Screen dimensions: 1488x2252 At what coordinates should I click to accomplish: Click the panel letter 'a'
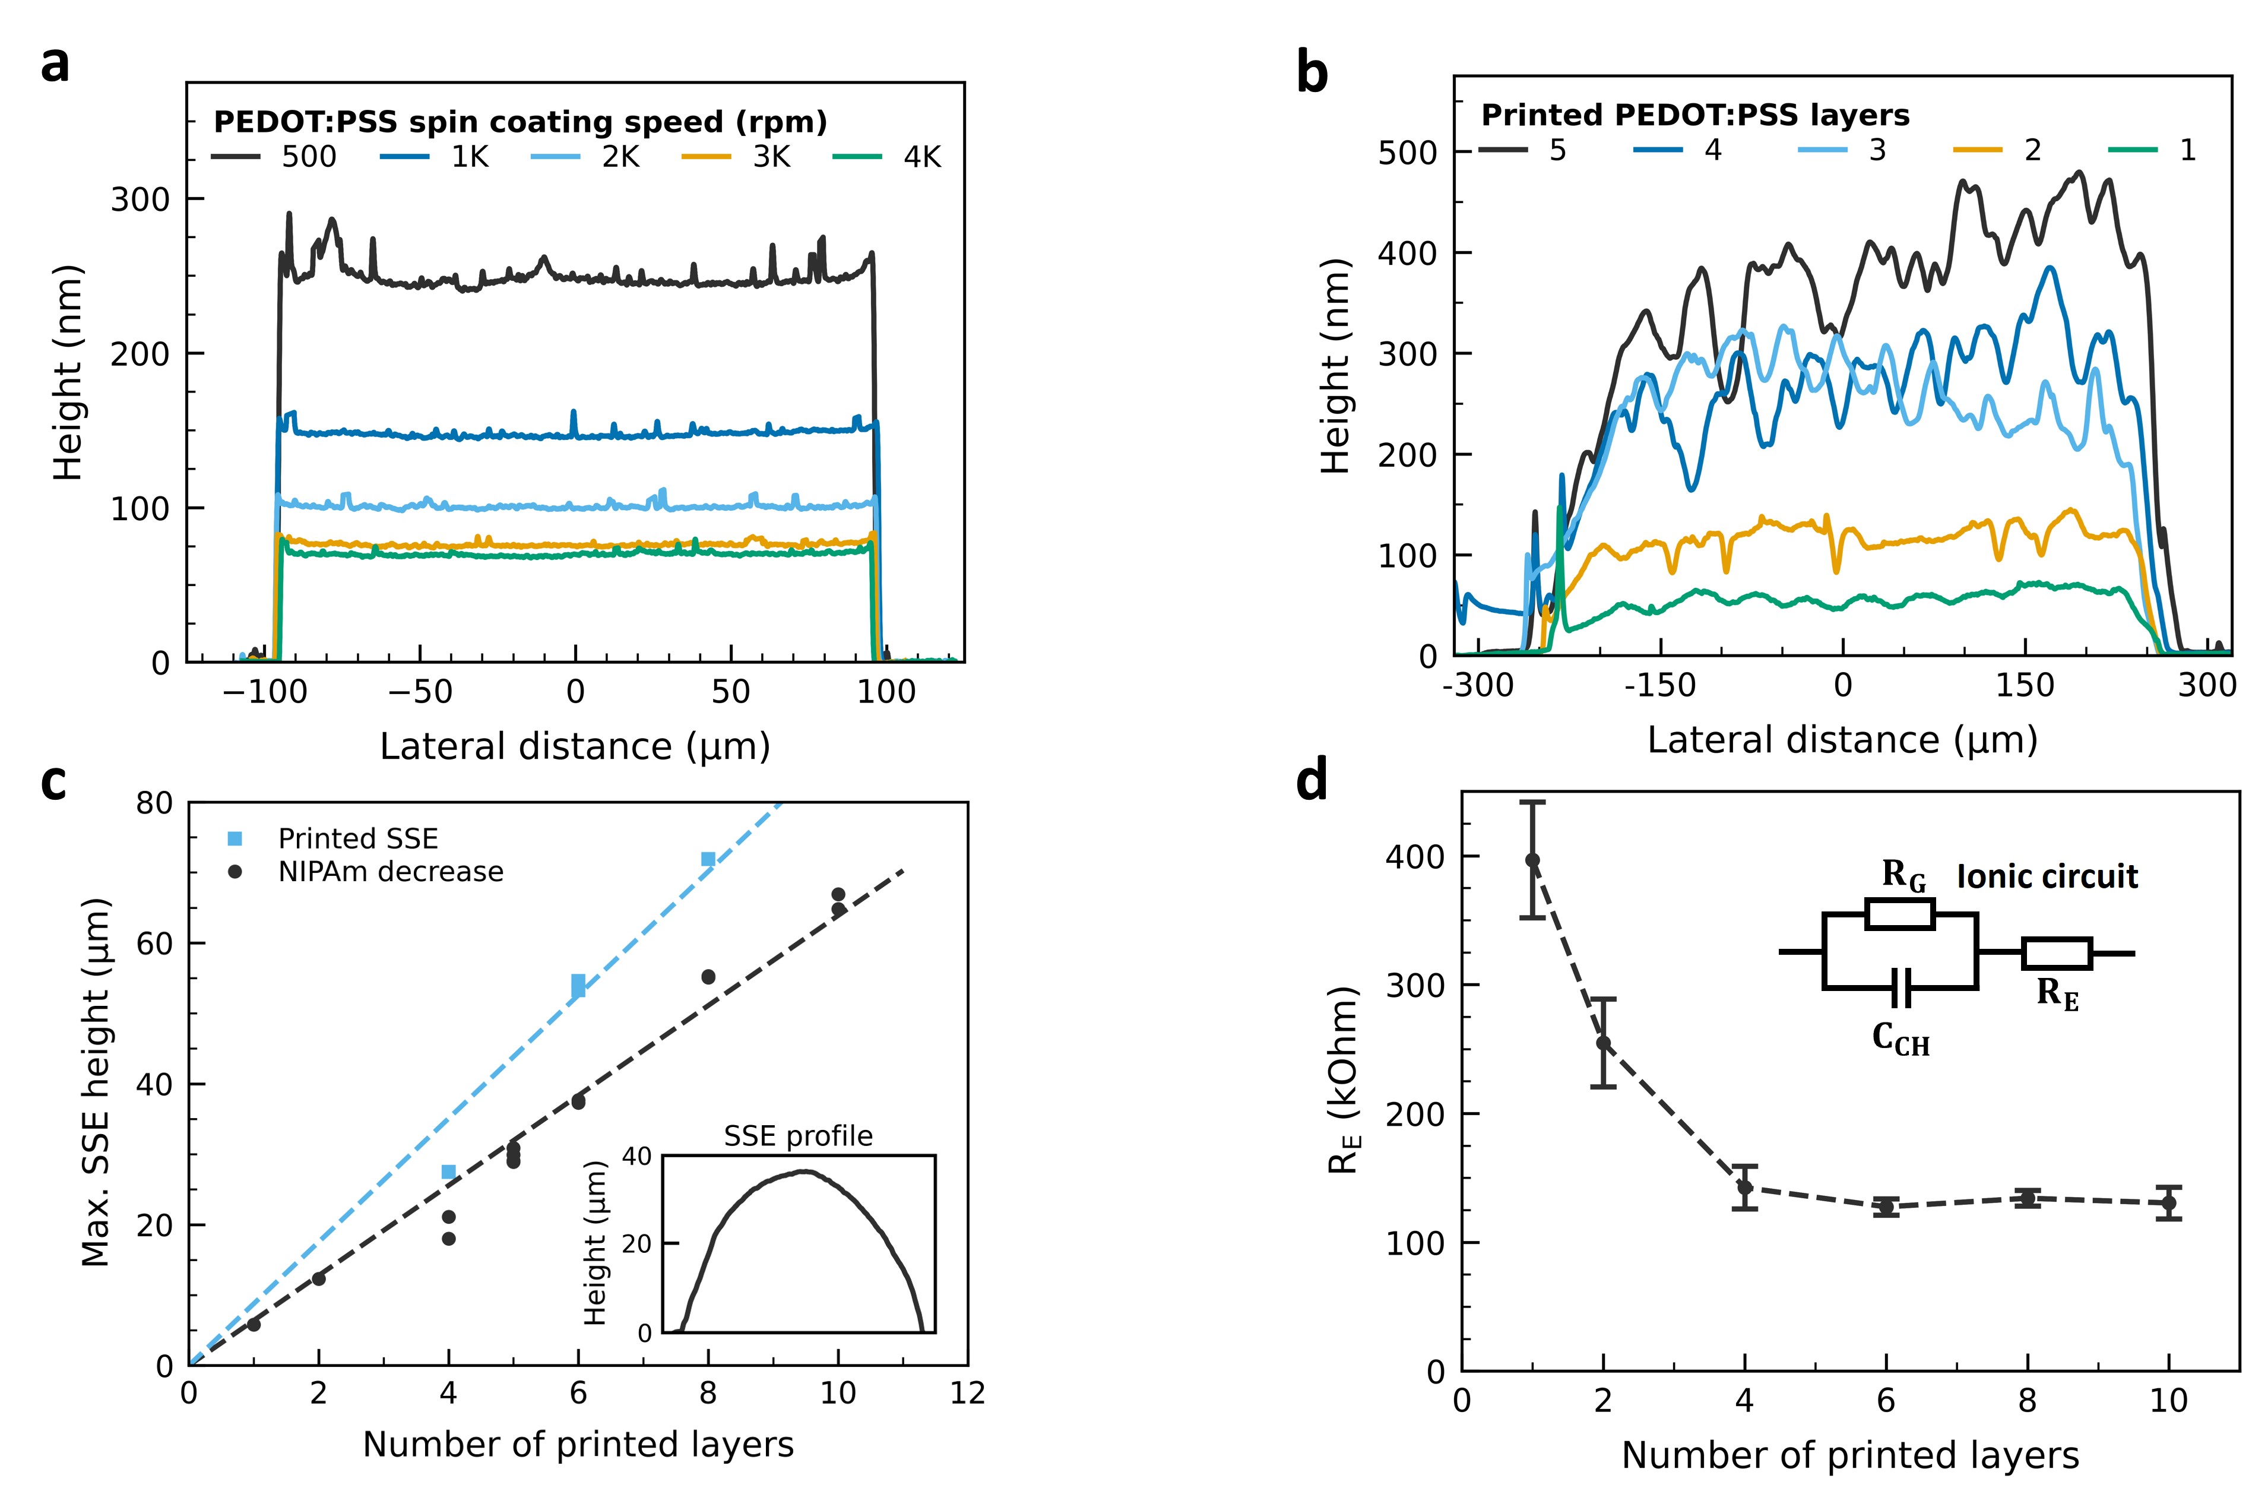tap(55, 65)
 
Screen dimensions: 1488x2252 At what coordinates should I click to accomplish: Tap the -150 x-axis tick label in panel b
tap(1659, 685)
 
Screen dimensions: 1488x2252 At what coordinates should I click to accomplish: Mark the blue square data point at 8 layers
tap(708, 859)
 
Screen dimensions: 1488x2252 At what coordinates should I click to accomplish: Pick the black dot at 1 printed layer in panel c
tap(254, 1324)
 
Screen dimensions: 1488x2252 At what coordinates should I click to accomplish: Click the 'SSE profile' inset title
tap(798, 1136)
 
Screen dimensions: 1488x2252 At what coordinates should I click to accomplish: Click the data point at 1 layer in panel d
tap(1532, 860)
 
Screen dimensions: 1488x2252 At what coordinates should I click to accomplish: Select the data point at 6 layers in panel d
tap(1886, 1207)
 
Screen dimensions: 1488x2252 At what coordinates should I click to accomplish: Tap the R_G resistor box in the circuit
tap(1899, 914)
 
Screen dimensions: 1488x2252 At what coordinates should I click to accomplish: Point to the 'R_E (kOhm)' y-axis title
tap(1343, 1080)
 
